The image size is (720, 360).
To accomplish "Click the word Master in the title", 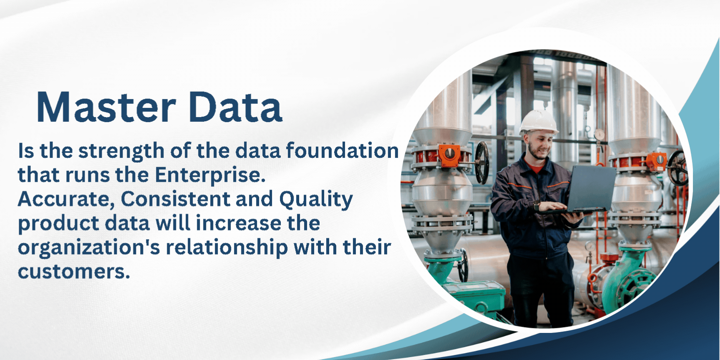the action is pos(106,107).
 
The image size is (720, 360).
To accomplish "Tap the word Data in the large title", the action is pos(235,107).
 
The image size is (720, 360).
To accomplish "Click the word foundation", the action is pos(342,150).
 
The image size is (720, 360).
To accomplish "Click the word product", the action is pos(59,224).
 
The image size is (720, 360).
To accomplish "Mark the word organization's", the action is pos(89,248).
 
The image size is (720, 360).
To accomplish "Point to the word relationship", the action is pos(227,248).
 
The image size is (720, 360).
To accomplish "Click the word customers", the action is pos(74,272).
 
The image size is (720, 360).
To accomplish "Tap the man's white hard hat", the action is pos(538,122).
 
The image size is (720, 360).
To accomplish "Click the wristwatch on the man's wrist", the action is pos(537,206).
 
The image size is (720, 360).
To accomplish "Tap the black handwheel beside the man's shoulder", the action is pos(482,162).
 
